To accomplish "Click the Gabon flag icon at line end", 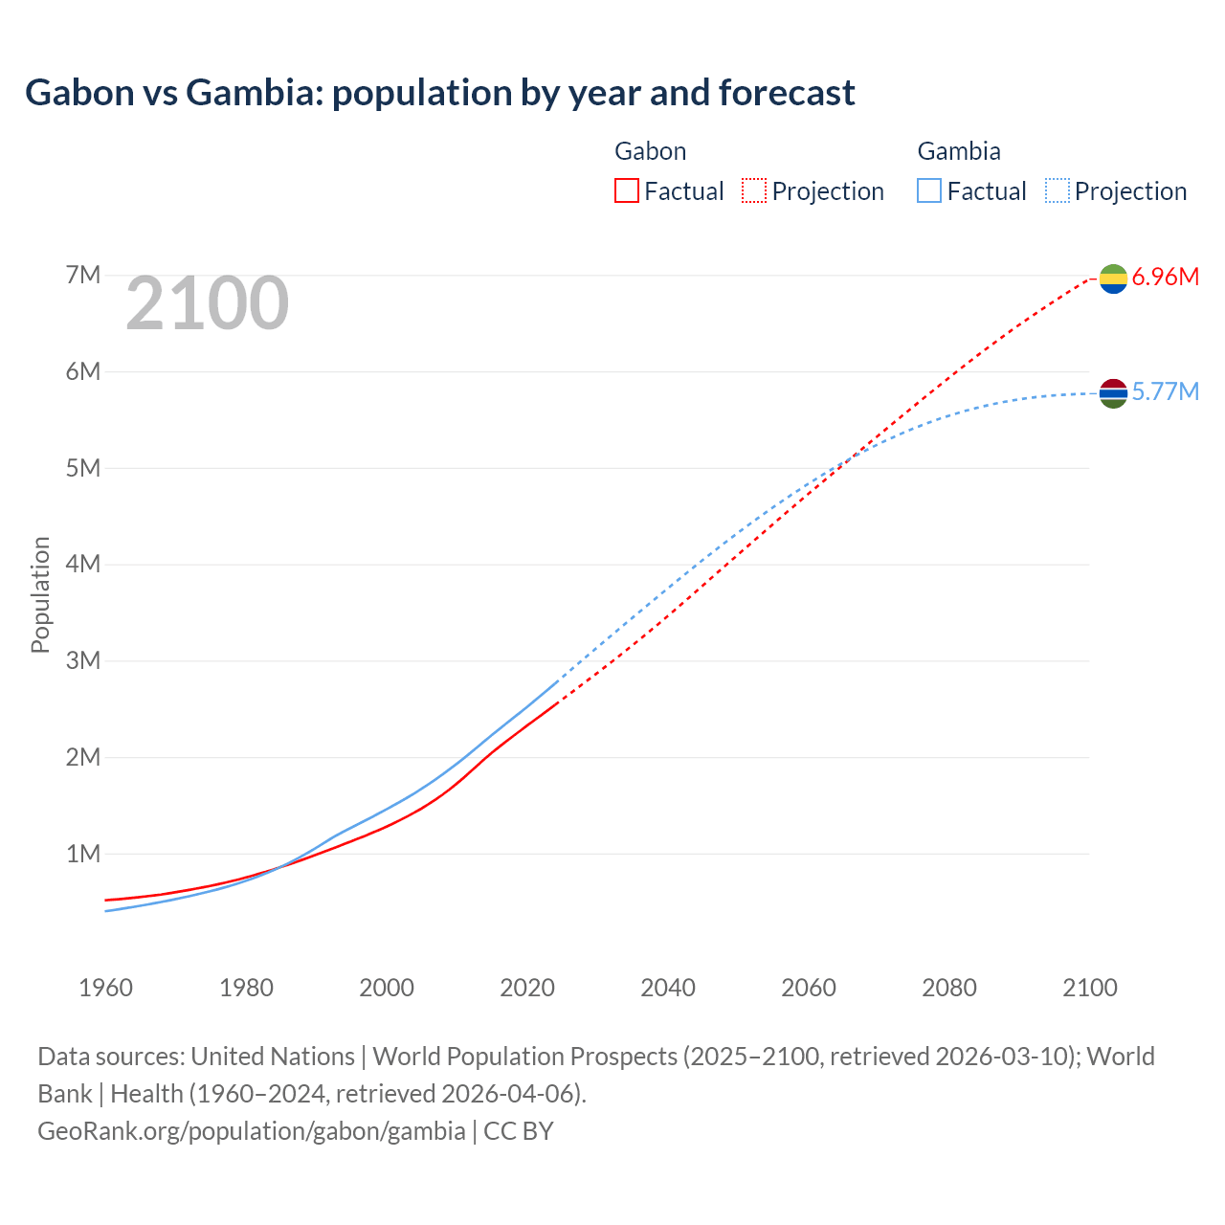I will point(1113,278).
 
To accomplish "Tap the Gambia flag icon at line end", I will point(1113,393).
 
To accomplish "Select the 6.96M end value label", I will point(1165,278).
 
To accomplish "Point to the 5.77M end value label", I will point(1165,392).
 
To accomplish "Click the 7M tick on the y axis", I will point(83,276).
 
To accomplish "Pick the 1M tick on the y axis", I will point(83,854).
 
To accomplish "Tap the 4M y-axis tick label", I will point(83,564).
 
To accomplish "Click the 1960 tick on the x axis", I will point(105,988).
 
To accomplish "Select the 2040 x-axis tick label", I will point(668,988).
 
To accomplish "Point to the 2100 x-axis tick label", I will point(1089,988).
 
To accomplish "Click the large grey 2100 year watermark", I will point(207,303).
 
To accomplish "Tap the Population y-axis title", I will point(40,594).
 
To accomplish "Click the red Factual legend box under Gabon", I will point(627,190).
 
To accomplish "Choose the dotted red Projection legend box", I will point(754,190).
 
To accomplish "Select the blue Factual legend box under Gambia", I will point(929,190).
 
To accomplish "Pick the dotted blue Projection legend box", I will point(1057,190).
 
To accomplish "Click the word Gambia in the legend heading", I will point(959,151).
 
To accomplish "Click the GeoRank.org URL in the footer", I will point(252,1131).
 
